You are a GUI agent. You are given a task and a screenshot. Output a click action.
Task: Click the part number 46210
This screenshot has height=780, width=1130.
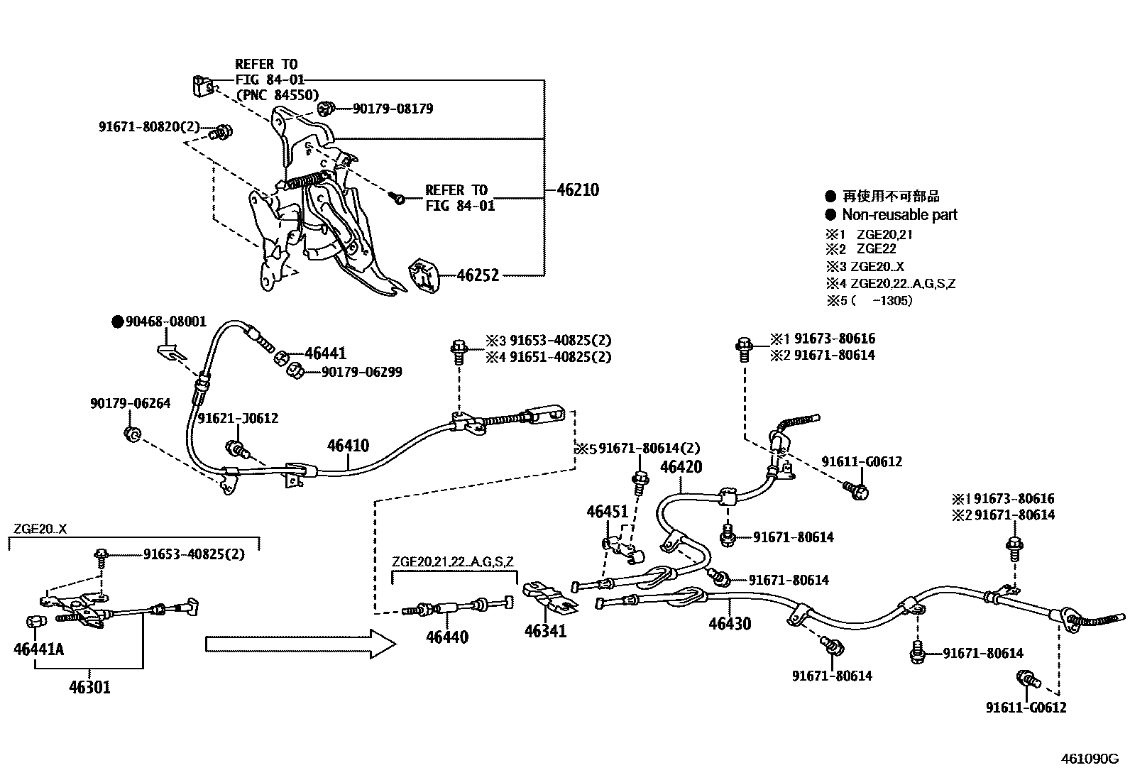[577, 190]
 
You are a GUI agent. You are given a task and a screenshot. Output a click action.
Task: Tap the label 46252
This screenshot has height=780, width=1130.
[478, 275]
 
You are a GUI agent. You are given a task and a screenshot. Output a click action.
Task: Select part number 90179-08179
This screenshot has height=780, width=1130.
[393, 109]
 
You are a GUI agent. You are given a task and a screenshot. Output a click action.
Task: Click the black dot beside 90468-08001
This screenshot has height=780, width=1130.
[118, 322]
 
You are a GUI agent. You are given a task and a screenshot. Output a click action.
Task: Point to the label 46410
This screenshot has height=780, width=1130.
[348, 446]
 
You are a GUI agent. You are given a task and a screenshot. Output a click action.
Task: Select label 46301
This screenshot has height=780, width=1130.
[89, 687]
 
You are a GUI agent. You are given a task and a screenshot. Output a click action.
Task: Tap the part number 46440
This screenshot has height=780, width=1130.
[447, 637]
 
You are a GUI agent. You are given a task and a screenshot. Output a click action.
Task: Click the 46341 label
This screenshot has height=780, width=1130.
[545, 630]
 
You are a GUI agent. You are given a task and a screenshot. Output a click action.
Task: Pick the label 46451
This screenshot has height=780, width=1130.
[608, 512]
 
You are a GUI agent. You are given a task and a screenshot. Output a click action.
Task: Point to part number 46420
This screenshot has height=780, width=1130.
[681, 467]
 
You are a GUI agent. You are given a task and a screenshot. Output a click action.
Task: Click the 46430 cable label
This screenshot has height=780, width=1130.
[730, 624]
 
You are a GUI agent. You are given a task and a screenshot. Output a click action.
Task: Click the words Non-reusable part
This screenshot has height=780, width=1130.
[899, 214]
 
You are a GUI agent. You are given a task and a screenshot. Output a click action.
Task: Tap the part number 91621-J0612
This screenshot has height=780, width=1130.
[238, 419]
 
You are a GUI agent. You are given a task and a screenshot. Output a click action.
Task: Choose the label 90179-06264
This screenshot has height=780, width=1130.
[130, 403]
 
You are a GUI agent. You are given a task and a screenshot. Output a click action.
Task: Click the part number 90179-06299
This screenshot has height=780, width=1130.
[361, 372]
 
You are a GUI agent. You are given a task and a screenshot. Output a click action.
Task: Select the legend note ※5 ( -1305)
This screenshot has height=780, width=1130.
[870, 300]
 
